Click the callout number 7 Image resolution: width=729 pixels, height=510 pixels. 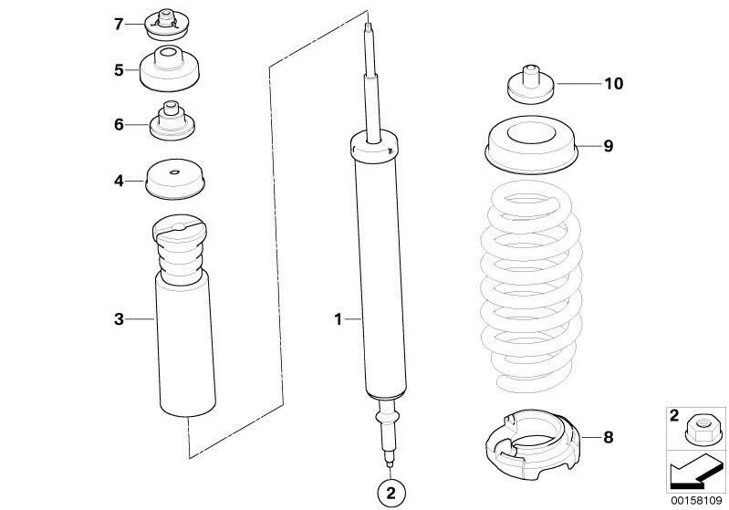119,24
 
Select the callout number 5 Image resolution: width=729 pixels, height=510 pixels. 119,69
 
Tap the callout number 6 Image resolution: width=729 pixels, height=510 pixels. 119,124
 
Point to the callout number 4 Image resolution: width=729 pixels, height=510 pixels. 119,181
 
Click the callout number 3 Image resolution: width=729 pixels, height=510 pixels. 119,318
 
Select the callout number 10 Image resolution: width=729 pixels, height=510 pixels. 613,84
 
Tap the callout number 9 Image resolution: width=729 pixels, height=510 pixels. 609,146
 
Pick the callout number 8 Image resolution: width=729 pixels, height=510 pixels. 609,437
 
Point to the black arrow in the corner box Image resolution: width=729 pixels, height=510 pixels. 693,472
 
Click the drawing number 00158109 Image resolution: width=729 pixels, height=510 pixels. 696,501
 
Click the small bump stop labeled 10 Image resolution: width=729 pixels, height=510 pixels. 530,86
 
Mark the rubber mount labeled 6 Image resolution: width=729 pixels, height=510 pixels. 173,123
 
